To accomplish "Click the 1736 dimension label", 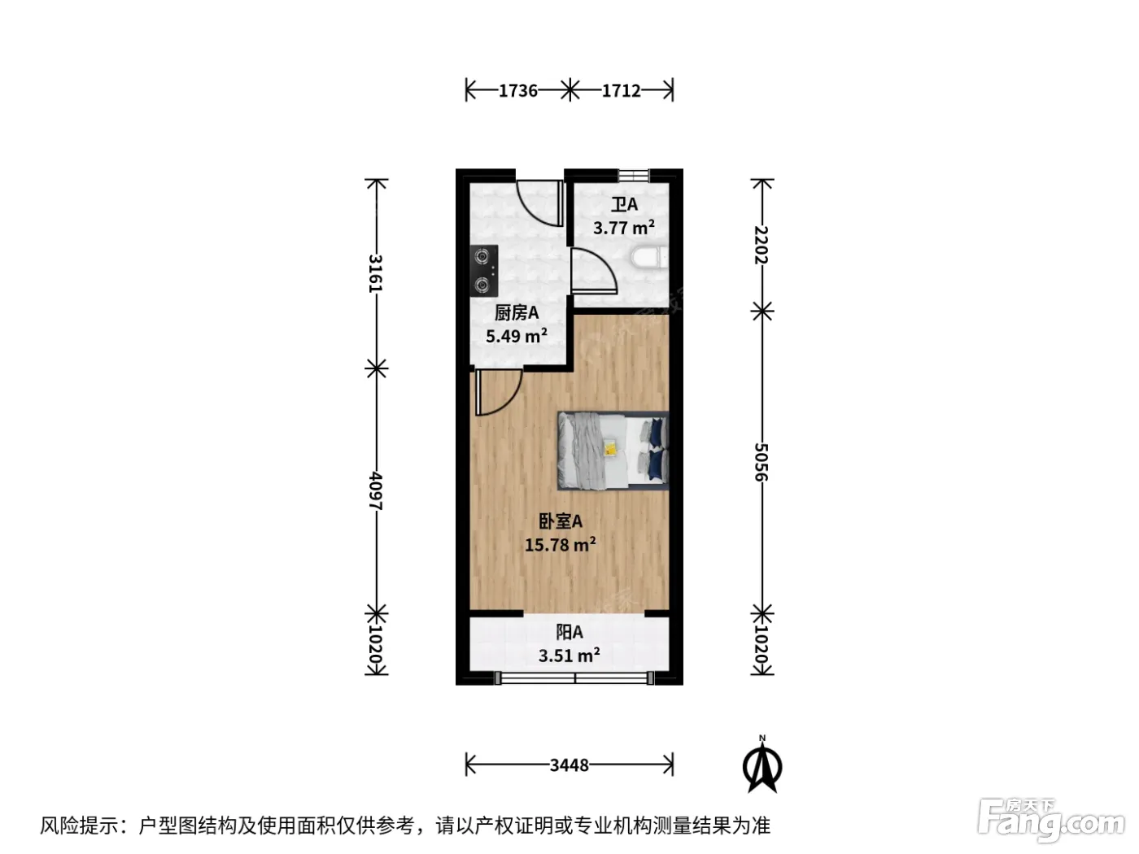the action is tap(518, 91).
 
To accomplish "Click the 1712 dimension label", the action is tap(621, 91).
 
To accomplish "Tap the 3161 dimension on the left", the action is tap(376, 273).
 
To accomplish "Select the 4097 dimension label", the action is tap(376, 490).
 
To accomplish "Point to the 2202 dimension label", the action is tap(762, 245).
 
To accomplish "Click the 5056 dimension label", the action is tap(762, 462).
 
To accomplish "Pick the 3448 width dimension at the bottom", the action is tap(569, 765).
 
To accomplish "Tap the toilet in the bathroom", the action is tap(649, 258).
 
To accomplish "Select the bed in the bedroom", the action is tap(613, 451).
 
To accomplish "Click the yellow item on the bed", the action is tap(611, 447).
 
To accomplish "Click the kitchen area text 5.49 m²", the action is tap(517, 335).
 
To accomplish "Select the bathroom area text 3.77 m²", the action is tap(624, 227).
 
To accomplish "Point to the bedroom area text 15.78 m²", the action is tap(560, 544).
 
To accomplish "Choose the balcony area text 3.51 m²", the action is tap(569, 656).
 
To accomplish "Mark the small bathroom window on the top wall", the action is tap(634, 175).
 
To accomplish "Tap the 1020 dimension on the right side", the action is tap(762, 645).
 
